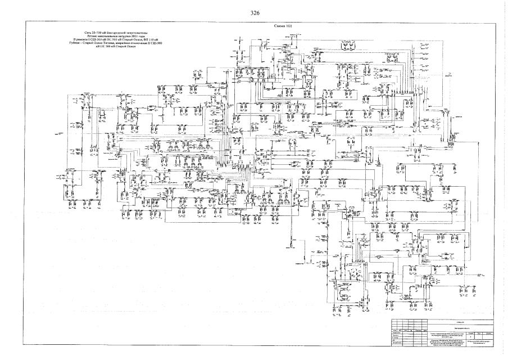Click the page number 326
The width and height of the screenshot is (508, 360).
click(x=254, y=11)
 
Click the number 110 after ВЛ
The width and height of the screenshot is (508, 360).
click(x=155, y=40)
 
